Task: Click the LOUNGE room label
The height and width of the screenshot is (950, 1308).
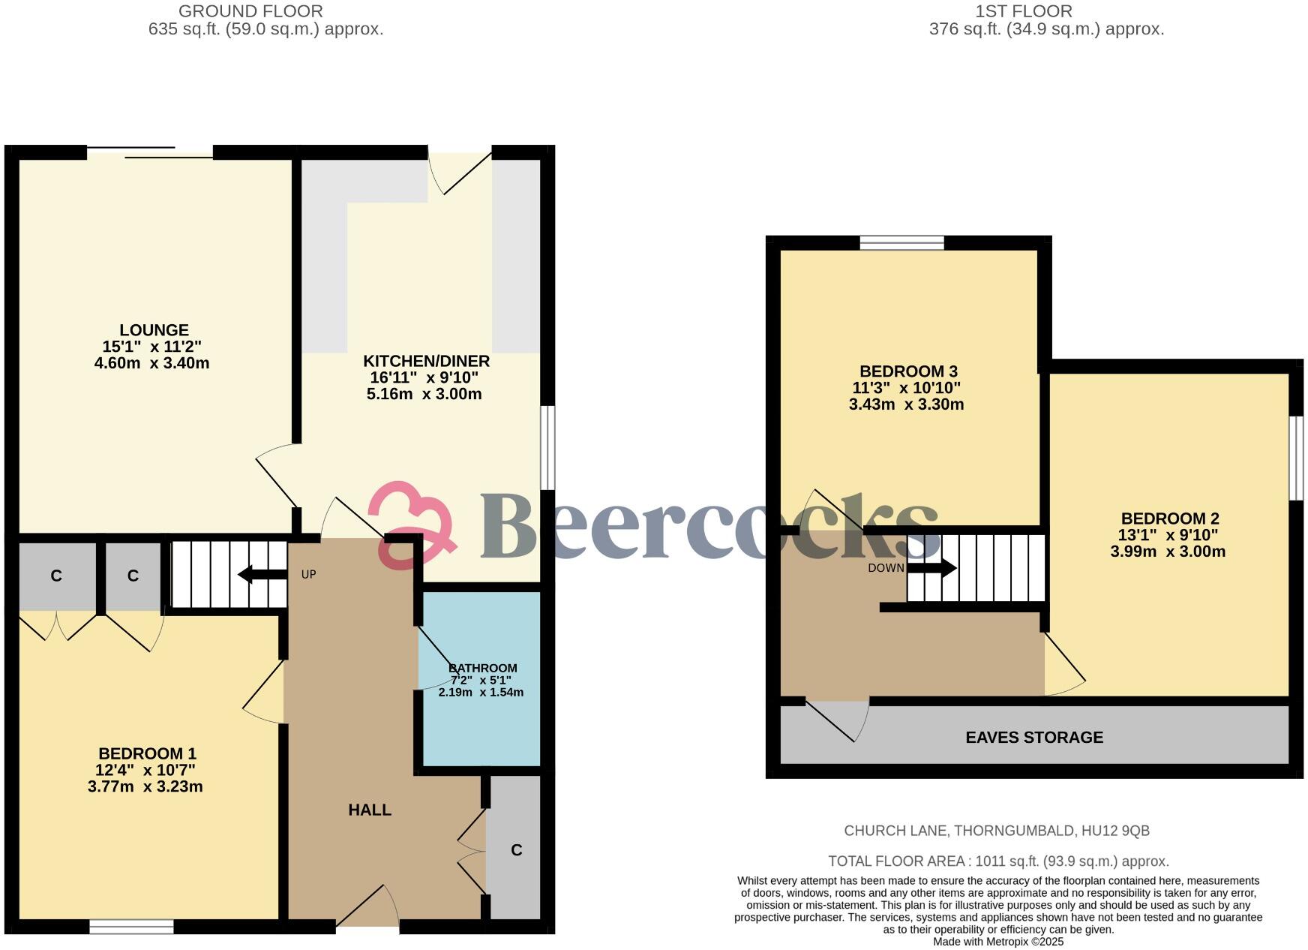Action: tap(154, 330)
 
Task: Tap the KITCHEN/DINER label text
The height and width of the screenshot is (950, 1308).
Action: tap(426, 361)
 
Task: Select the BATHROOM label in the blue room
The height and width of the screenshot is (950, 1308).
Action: tap(482, 668)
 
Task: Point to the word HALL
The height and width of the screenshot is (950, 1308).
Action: tap(369, 810)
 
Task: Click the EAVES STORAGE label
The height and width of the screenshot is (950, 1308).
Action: tap(1033, 737)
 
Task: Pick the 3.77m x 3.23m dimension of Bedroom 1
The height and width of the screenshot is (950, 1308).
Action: tap(145, 786)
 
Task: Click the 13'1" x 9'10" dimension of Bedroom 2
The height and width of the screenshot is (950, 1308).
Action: tap(1168, 535)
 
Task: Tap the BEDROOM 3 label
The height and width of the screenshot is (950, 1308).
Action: tap(907, 371)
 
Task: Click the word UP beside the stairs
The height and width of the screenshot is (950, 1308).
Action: tap(308, 575)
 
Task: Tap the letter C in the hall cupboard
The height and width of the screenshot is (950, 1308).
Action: tap(516, 850)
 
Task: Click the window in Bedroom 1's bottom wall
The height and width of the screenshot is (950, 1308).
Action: tap(131, 927)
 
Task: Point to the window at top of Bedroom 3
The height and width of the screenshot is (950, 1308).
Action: tap(901, 242)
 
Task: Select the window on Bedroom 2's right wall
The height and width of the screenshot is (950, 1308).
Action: tap(1296, 458)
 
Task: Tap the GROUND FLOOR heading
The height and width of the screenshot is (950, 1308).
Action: tap(250, 11)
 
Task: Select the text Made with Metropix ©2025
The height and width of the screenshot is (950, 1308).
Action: tap(997, 942)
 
